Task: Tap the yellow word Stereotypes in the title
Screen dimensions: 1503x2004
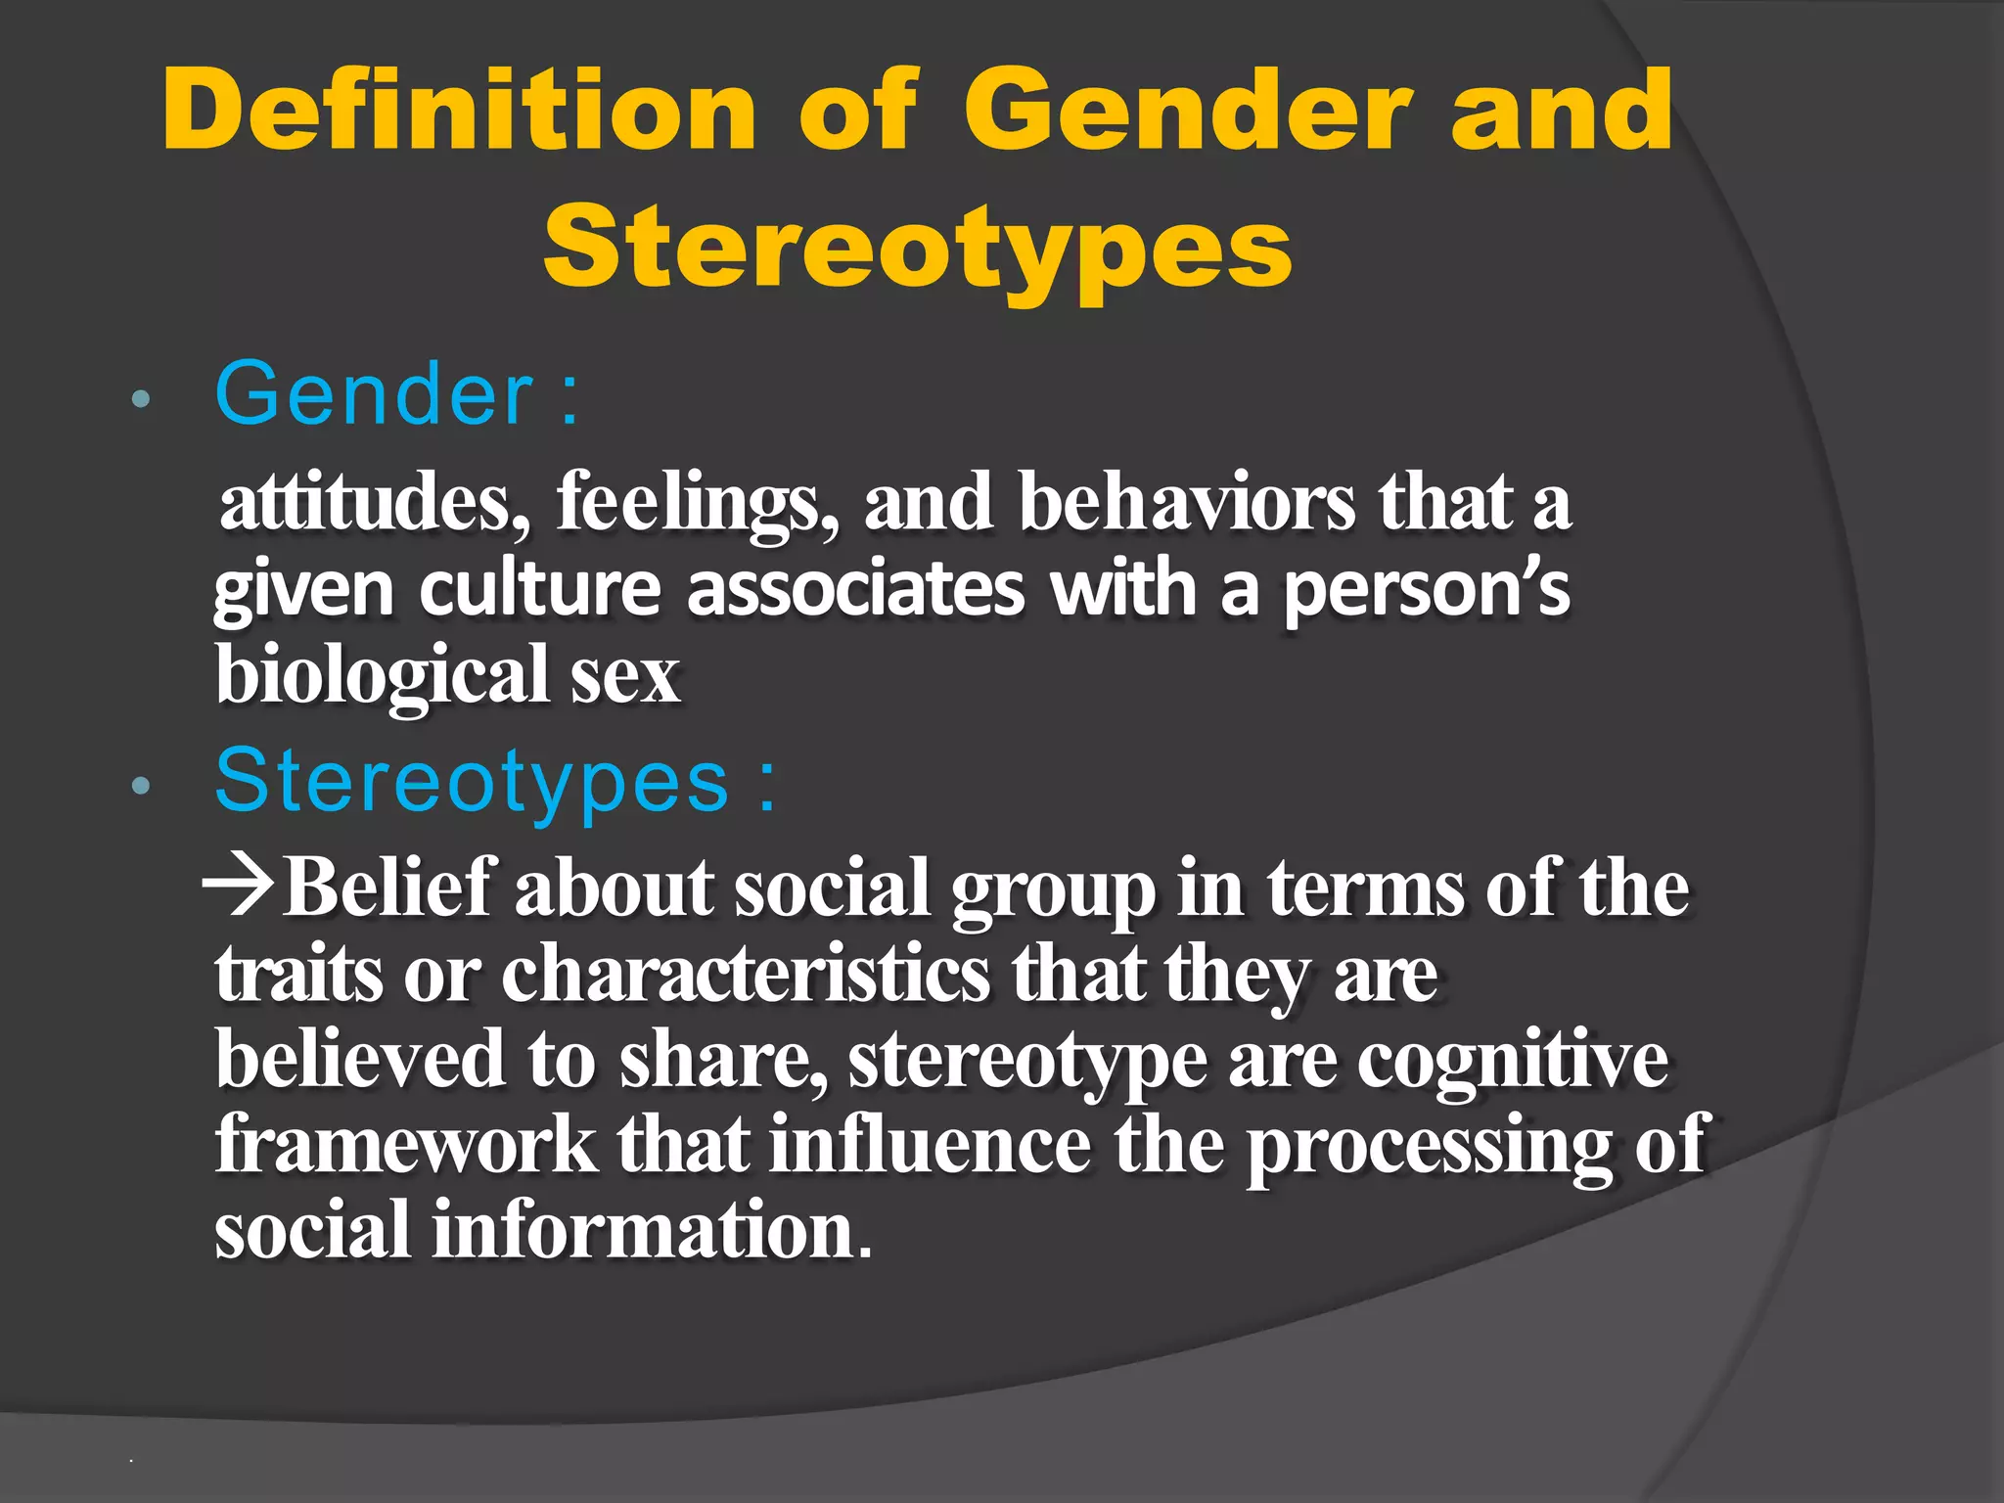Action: point(918,247)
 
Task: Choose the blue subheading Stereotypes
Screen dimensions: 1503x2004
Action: point(472,781)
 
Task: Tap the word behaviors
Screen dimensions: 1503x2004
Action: point(1187,502)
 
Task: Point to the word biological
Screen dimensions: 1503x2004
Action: point(382,675)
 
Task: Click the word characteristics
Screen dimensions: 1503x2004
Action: point(746,974)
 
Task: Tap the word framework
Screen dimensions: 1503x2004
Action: point(406,1145)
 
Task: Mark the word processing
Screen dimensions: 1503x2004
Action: point(1429,1145)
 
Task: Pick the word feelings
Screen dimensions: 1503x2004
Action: point(697,502)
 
